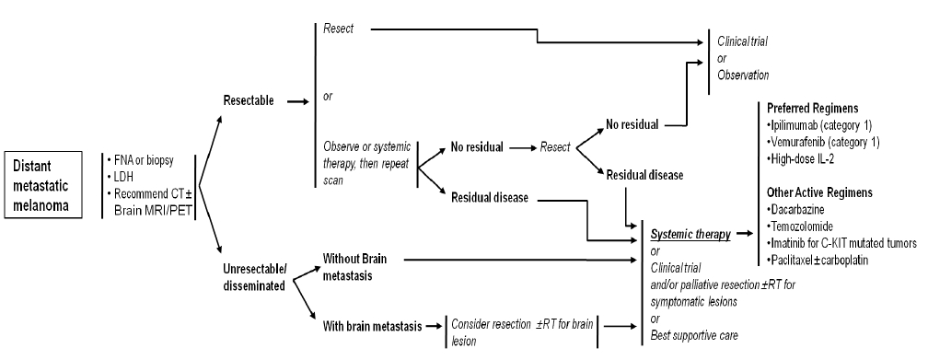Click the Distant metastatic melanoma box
point(42,185)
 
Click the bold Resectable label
point(249,100)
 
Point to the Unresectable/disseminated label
point(253,276)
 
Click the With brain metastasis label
point(372,326)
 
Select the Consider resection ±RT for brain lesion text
point(521,332)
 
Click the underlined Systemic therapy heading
point(690,235)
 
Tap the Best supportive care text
point(694,336)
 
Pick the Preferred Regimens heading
point(813,109)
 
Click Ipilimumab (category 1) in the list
point(819,125)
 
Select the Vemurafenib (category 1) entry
point(823,142)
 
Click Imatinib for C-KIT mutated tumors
point(841,243)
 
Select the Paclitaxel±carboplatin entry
point(818,260)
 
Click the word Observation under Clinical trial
point(743,75)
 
